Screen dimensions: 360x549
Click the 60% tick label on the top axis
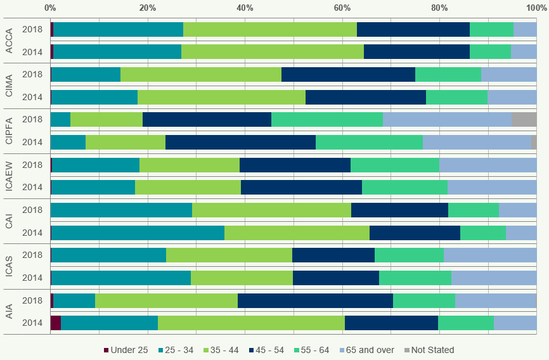[342, 8]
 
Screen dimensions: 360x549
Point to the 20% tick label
[148, 8]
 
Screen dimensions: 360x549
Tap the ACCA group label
[9, 41]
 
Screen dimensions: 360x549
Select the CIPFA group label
[9, 131]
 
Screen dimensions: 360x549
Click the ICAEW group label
[9, 176]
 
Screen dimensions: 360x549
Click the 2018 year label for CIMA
[32, 74]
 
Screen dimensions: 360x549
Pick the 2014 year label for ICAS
[32, 278]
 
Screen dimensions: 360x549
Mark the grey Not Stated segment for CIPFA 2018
[524, 119]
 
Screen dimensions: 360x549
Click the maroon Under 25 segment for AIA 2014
[56, 323]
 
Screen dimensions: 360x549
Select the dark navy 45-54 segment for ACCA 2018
[413, 29]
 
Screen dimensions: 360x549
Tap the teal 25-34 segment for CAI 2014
[138, 233]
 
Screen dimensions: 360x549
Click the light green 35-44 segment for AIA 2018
[166, 300]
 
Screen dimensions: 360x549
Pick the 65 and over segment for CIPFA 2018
[447, 119]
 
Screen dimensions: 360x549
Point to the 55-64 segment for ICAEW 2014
[404, 187]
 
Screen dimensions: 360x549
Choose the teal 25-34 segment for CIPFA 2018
[61, 119]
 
